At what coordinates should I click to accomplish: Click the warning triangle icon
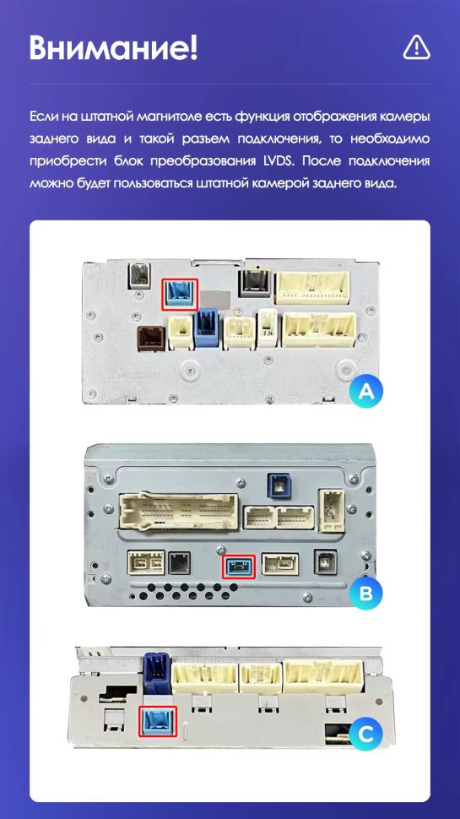point(416,47)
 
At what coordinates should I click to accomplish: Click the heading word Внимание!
point(113,48)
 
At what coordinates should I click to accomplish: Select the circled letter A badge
point(366,391)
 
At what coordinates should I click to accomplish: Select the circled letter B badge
point(366,594)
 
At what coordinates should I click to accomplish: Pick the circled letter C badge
point(366,735)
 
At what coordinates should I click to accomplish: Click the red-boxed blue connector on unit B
point(239,567)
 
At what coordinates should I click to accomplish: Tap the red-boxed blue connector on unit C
point(158,721)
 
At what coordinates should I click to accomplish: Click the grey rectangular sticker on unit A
point(215,299)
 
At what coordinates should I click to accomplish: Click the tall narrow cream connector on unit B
point(332,510)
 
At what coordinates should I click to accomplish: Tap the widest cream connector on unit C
point(323,676)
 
